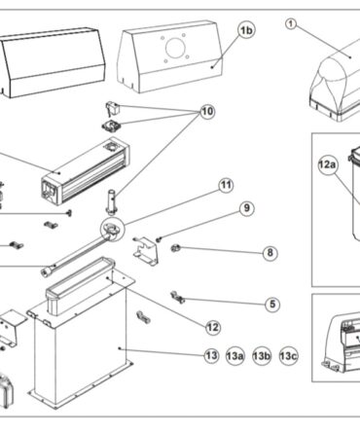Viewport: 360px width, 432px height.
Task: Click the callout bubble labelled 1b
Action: pos(246,30)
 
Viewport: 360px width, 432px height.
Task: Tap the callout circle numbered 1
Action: pos(291,24)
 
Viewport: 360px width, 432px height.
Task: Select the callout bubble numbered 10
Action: pos(207,112)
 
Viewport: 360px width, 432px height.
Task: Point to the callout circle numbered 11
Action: pos(226,186)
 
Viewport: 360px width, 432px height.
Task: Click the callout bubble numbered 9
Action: pos(247,208)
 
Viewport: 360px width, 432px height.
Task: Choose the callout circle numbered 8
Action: pos(270,253)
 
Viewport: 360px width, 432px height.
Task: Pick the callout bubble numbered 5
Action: pos(272,305)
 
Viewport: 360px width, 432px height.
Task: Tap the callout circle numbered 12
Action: pos(213,328)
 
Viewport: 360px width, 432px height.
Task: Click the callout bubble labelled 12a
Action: pos(327,165)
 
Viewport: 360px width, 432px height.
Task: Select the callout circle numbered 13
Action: pos(211,356)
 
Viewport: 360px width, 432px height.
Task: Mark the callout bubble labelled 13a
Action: pos(234,356)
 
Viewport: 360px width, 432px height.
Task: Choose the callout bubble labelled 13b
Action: pos(262,356)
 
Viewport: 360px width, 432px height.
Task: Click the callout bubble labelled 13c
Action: pos(288,356)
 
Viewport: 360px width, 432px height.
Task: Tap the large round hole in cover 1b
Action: pos(175,48)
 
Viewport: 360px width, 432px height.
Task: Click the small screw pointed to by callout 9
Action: pos(159,239)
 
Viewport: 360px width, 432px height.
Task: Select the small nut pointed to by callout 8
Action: pos(175,248)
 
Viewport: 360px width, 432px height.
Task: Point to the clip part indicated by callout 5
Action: pos(177,297)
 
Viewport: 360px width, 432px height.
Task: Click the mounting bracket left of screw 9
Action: pos(146,251)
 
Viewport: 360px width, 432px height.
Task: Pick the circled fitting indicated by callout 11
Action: pos(112,230)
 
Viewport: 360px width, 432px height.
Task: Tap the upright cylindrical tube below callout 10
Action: pos(112,201)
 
